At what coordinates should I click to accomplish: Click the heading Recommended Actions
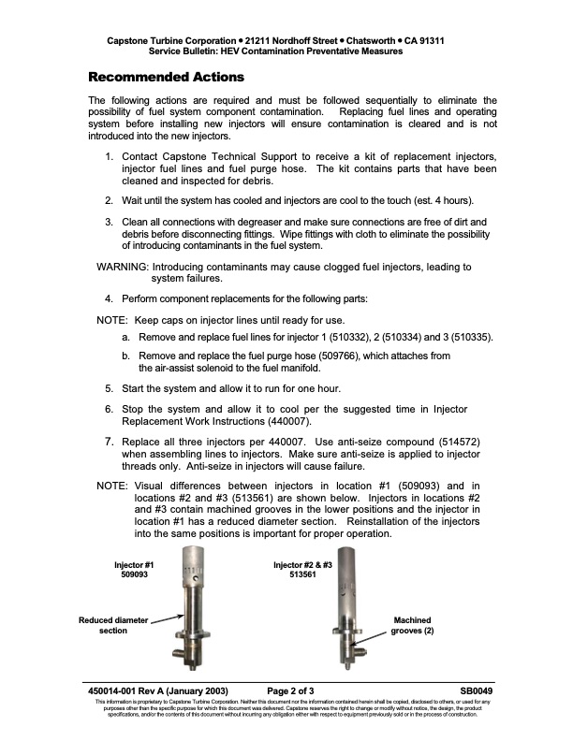click(x=166, y=76)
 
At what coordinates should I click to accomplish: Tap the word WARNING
click(x=122, y=267)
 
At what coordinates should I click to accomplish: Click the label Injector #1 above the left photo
click(x=134, y=565)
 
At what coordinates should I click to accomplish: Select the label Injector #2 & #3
click(x=301, y=565)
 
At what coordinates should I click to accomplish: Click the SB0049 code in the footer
click(x=477, y=690)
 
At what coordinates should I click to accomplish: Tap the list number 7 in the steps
click(x=109, y=441)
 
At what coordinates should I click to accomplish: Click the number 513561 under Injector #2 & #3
click(x=301, y=576)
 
